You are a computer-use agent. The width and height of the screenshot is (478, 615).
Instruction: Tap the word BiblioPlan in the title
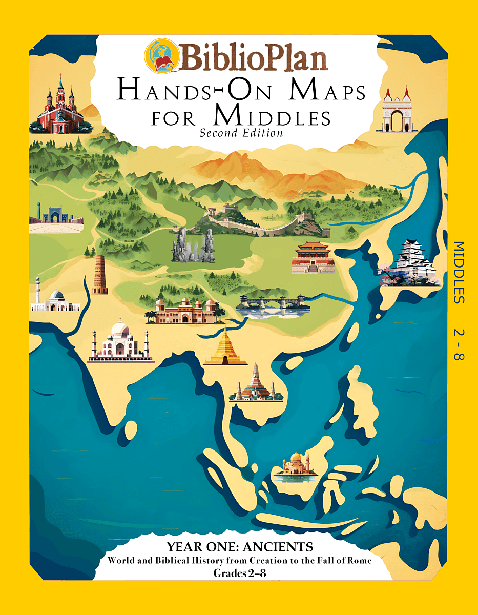pyautogui.click(x=252, y=57)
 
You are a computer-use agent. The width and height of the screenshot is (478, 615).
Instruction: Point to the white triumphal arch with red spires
pyautogui.click(x=397, y=110)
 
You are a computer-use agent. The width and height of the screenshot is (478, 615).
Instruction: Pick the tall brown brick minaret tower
pyautogui.click(x=99, y=275)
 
